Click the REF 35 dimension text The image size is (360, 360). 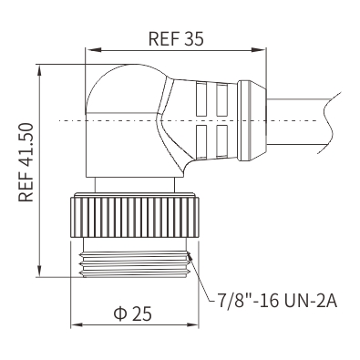(176, 38)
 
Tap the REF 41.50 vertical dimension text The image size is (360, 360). (26, 162)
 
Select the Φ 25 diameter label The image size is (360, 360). (133, 314)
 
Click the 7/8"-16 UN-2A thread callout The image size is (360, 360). (277, 301)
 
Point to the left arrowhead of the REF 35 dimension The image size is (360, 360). (92, 50)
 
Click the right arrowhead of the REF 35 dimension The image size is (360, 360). (259, 50)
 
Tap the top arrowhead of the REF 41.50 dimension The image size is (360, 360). (39, 71)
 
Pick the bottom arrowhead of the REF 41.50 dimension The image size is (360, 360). (39, 270)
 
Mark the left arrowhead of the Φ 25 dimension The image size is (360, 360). (77, 325)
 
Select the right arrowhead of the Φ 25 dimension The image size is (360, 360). (191, 325)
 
